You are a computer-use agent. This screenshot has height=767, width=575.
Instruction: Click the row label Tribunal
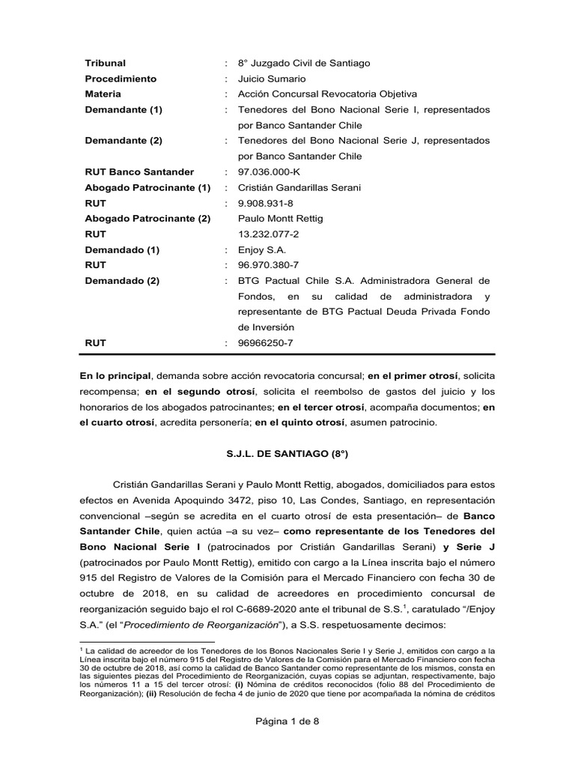(x=106, y=63)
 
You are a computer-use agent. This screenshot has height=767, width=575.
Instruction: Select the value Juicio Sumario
(x=272, y=79)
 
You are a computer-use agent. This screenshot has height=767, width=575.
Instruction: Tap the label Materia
(x=103, y=94)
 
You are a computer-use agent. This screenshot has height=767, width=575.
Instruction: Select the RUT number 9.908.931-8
(x=266, y=203)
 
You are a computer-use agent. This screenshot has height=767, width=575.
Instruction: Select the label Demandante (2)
(x=124, y=141)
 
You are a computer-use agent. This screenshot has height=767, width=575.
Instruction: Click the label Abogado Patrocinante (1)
(x=148, y=187)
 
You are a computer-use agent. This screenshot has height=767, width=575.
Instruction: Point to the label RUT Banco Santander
(x=139, y=172)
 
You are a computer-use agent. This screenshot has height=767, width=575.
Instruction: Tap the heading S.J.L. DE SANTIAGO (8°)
(x=288, y=453)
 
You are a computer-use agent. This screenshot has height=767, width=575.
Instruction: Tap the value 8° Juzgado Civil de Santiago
(x=303, y=63)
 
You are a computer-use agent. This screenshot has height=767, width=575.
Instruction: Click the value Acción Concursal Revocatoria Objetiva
(x=327, y=94)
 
